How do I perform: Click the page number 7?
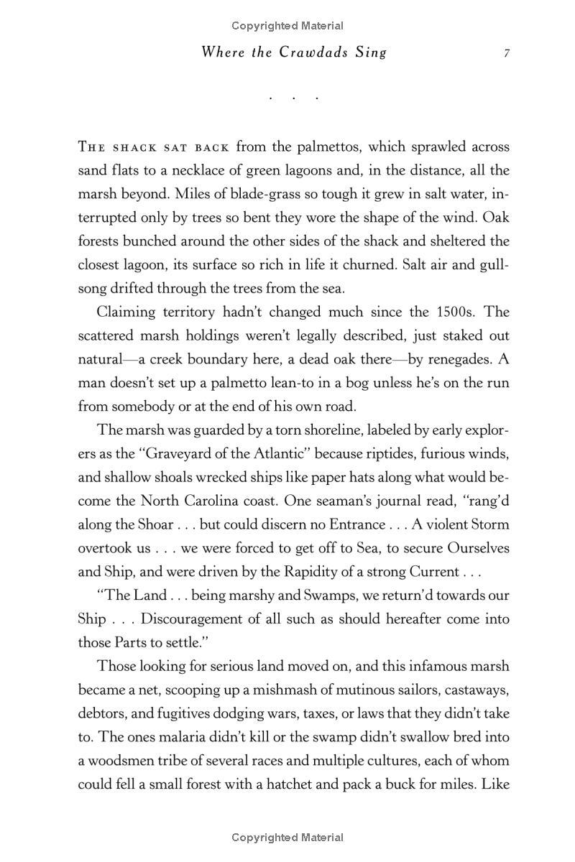pyautogui.click(x=507, y=53)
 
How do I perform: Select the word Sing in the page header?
pyautogui.click(x=371, y=52)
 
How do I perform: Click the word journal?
pyautogui.click(x=398, y=501)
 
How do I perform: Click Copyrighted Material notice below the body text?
pyautogui.click(x=287, y=837)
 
